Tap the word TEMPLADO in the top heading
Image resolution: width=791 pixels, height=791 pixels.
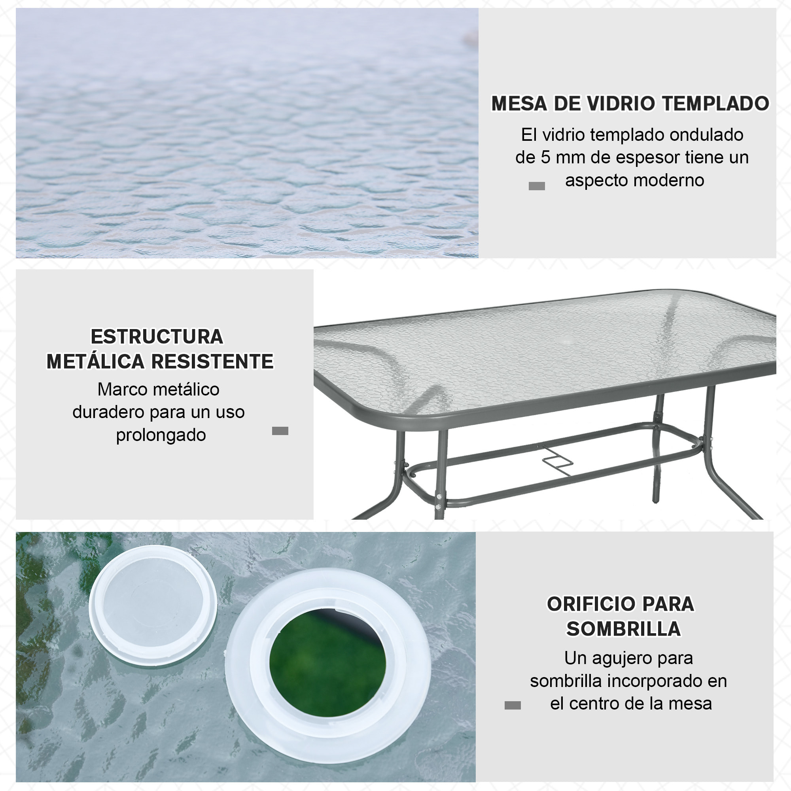coord(716,103)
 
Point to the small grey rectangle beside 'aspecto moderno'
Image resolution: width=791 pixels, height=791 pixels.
coord(537,186)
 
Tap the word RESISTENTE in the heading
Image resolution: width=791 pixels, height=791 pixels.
coord(212,361)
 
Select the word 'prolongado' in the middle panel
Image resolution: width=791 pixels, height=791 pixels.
coord(161,435)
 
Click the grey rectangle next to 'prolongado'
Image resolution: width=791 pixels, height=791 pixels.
coord(280,431)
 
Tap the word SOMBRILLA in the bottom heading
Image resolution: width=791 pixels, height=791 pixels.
coord(623,629)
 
